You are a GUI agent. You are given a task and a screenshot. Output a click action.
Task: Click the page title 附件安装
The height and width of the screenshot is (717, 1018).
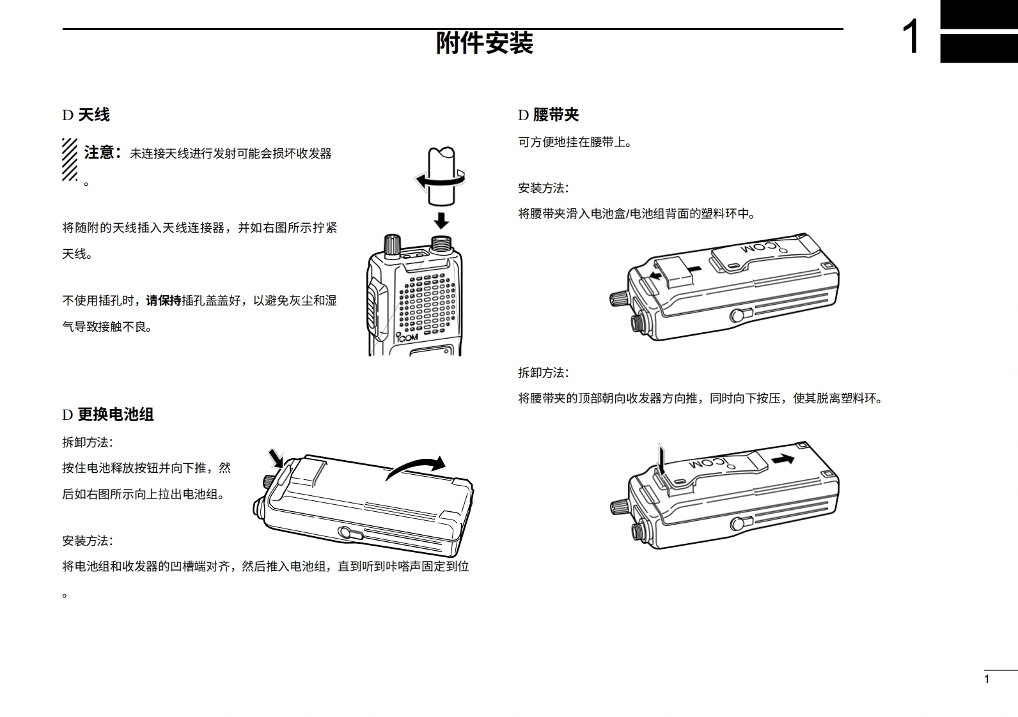click(x=484, y=43)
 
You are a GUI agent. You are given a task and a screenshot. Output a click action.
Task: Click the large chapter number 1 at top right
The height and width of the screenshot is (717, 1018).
click(x=911, y=37)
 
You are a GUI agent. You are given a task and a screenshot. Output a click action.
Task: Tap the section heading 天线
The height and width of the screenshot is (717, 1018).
click(x=93, y=115)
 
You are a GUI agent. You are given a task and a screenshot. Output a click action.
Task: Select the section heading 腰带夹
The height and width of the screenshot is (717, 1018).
click(x=555, y=115)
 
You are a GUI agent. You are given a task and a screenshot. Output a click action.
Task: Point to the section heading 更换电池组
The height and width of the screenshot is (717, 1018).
click(x=115, y=415)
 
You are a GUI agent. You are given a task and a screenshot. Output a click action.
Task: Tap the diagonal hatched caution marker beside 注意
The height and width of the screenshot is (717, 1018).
click(x=70, y=159)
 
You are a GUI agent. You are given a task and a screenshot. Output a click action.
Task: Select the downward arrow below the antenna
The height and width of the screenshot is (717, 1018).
click(x=441, y=220)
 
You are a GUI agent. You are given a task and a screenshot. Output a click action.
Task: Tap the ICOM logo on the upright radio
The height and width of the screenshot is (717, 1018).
click(x=407, y=337)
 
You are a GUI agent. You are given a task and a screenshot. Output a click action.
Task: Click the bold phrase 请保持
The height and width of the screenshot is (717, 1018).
click(x=164, y=300)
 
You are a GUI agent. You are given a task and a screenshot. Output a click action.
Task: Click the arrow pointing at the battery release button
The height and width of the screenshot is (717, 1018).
click(x=276, y=457)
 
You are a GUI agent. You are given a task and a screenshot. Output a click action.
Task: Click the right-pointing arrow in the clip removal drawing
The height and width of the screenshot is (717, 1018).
click(x=783, y=458)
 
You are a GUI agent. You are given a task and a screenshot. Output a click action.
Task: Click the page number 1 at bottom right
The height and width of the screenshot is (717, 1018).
click(x=987, y=679)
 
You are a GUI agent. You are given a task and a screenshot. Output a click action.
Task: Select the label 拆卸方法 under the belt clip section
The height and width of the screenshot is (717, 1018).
click(x=542, y=373)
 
